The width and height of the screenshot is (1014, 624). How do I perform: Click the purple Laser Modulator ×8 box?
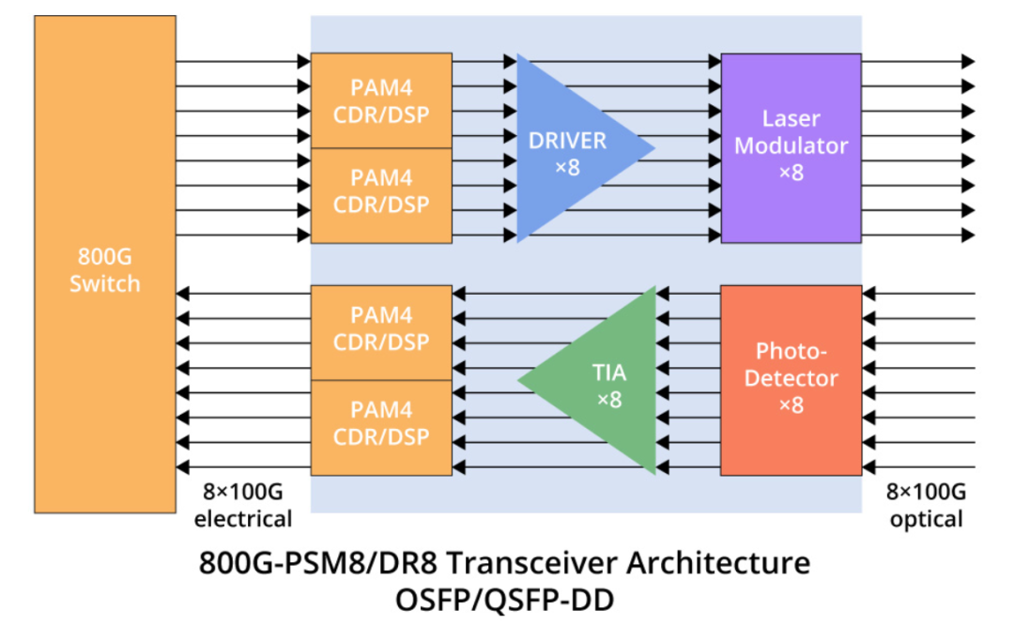[x=791, y=148]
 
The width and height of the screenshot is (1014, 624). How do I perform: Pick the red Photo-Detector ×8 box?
[x=791, y=379]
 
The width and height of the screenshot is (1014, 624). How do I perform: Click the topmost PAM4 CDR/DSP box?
[x=381, y=100]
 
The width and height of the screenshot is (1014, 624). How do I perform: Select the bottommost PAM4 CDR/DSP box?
[x=381, y=427]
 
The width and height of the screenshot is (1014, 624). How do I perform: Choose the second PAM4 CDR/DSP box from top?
[x=381, y=194]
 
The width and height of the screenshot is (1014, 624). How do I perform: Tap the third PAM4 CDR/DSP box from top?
[x=381, y=333]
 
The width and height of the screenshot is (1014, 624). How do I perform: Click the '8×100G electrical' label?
[x=243, y=506]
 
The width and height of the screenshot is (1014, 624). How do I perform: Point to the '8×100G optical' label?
[x=925, y=506]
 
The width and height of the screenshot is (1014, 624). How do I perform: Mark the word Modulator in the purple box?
[x=791, y=146]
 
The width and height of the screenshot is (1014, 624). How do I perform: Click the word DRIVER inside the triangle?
[x=567, y=141]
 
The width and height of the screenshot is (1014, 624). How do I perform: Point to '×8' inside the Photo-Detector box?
[x=791, y=405]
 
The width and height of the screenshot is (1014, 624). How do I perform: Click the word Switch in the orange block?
[x=104, y=283]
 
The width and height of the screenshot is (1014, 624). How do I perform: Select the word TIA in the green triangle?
[x=609, y=373]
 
